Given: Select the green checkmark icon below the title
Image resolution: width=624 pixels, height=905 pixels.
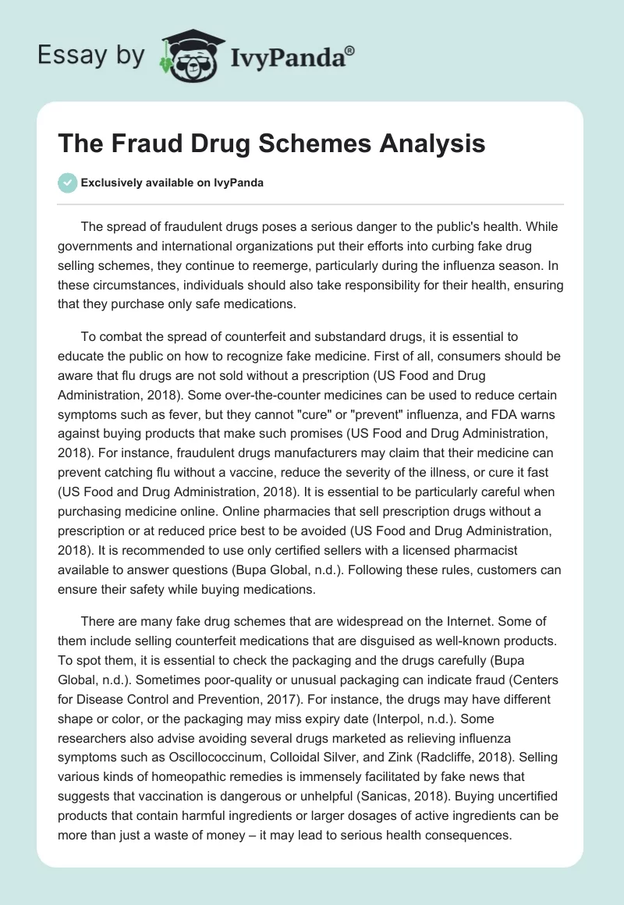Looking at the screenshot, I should click(67, 183).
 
